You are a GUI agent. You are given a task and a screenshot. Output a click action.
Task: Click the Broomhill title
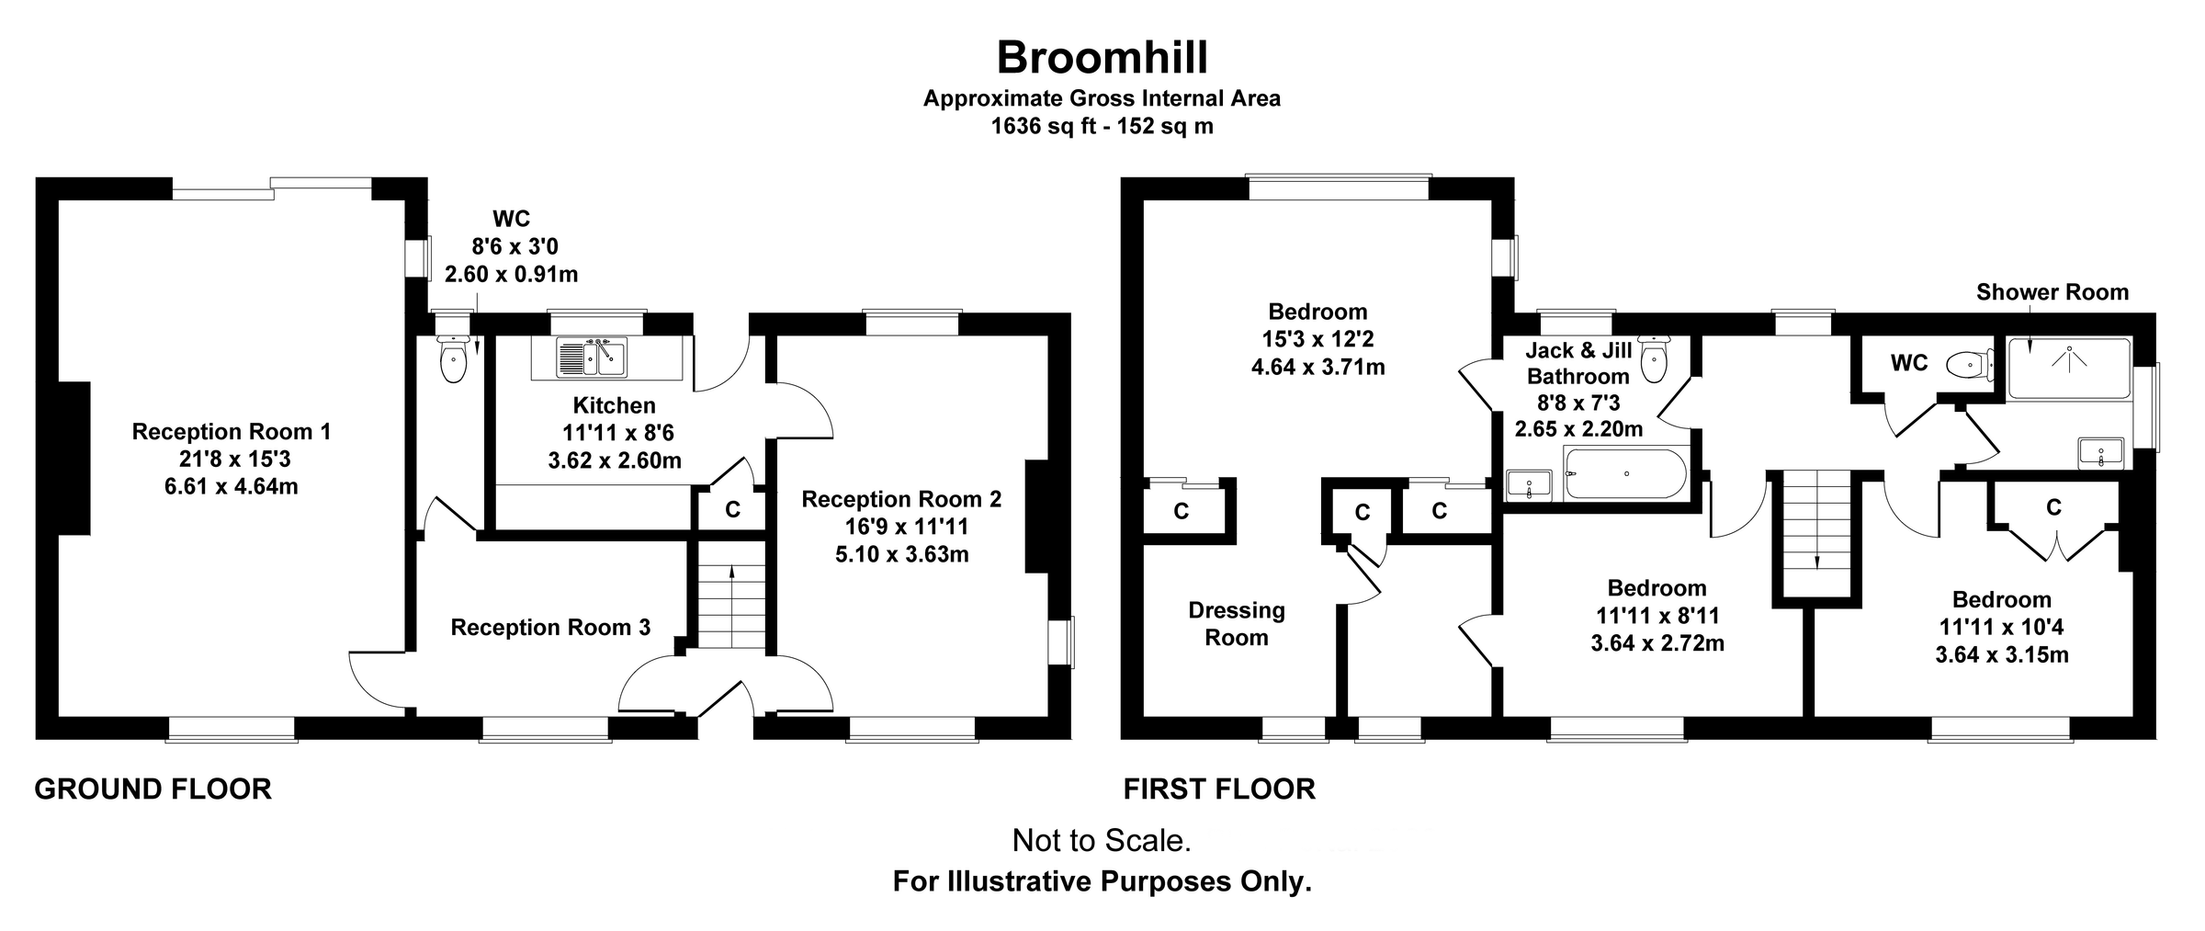pyautogui.click(x=1102, y=58)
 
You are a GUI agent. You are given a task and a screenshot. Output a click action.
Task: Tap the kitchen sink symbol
pyautogui.click(x=591, y=358)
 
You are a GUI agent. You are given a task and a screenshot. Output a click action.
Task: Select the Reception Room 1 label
pyautogui.click(x=231, y=431)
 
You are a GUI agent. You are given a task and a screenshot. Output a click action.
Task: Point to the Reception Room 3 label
pyautogui.click(x=550, y=628)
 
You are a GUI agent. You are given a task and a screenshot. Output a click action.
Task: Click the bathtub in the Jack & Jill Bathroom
pyautogui.click(x=1625, y=473)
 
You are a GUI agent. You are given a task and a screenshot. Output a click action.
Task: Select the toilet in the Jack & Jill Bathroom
pyautogui.click(x=1654, y=359)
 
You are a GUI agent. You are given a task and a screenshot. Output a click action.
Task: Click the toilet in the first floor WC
pyautogui.click(x=1968, y=365)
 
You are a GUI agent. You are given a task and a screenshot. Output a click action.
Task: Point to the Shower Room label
pyautogui.click(x=2052, y=292)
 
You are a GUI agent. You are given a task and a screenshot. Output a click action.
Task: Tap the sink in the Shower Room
pyautogui.click(x=2100, y=453)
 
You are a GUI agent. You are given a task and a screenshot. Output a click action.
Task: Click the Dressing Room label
pyautogui.click(x=1236, y=624)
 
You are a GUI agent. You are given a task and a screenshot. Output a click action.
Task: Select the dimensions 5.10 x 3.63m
pyautogui.click(x=901, y=554)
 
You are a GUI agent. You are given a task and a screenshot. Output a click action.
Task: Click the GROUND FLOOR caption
pyautogui.click(x=153, y=789)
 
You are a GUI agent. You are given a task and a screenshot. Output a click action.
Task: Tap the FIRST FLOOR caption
pyautogui.click(x=1219, y=789)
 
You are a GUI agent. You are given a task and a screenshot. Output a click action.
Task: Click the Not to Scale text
pyautogui.click(x=1101, y=840)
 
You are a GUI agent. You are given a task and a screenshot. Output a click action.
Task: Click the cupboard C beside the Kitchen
pyautogui.click(x=732, y=509)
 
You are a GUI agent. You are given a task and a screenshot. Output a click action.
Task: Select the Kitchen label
pyautogui.click(x=614, y=405)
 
